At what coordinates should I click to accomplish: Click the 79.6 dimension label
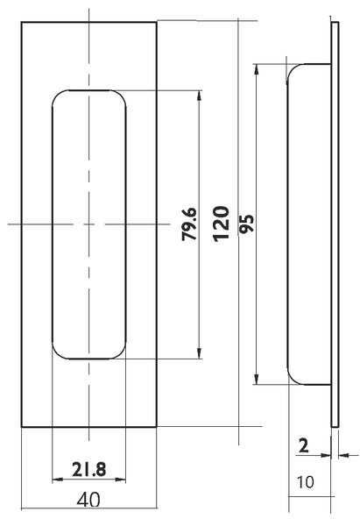point(189,224)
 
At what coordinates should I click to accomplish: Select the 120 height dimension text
point(222,224)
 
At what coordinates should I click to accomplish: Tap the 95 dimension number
point(247,224)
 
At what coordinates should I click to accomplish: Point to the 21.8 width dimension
point(89,469)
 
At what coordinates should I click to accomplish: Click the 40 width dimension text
point(88,501)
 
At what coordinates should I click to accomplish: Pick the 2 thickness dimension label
point(303,446)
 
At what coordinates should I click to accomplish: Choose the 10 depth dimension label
point(306,482)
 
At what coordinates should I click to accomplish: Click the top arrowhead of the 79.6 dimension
point(200,96)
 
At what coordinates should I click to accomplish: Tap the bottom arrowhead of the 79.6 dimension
point(200,353)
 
